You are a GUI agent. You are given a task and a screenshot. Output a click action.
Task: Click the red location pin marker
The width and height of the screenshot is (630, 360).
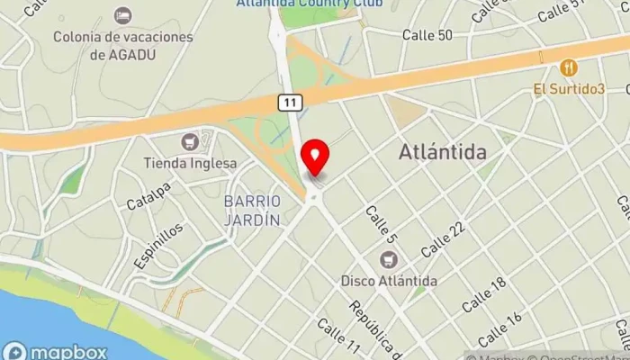pyautogui.click(x=315, y=157)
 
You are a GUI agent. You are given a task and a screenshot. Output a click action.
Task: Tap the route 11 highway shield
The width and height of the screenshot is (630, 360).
pyautogui.click(x=288, y=103)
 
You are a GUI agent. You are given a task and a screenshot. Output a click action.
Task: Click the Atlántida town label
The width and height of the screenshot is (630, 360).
pyautogui.click(x=443, y=153)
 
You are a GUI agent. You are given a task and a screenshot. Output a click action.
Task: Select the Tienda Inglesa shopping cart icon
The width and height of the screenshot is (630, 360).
pyautogui.click(x=189, y=142)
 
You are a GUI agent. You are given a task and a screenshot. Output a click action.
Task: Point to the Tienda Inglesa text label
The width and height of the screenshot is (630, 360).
pyautogui.click(x=190, y=164)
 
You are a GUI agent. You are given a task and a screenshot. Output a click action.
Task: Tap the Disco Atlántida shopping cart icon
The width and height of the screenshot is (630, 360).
pyautogui.click(x=389, y=260)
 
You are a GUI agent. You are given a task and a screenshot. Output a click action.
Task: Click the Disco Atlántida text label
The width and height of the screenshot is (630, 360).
pyautogui.click(x=389, y=281)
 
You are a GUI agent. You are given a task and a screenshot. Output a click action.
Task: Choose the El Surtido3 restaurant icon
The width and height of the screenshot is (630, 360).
pyautogui.click(x=568, y=67)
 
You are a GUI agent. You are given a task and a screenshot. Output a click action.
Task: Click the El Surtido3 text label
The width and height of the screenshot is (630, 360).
pyautogui.click(x=568, y=88)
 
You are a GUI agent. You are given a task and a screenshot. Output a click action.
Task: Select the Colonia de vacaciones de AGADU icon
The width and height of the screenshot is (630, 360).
pyautogui.click(x=122, y=16)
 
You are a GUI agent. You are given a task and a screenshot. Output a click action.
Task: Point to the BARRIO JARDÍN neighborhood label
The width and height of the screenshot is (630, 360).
pyautogui.click(x=253, y=210)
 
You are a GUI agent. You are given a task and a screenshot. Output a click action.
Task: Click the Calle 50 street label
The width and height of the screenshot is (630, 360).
pyautogui.click(x=427, y=35)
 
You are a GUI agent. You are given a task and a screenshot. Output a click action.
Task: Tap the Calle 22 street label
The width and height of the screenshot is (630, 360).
pyautogui.click(x=443, y=238)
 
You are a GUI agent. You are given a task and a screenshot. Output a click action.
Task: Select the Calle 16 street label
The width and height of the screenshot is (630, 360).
pyautogui.click(x=500, y=329)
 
